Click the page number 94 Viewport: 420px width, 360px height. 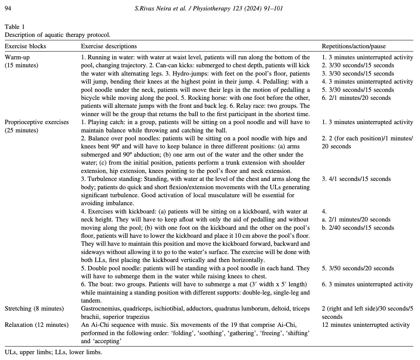(8, 9)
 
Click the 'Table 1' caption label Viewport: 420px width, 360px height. (15, 27)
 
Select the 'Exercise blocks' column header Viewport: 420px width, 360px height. (25, 46)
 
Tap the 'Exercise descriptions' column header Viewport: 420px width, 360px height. (109, 46)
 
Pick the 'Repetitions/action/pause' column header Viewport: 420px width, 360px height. (353, 46)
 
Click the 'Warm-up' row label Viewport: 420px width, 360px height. (17, 57)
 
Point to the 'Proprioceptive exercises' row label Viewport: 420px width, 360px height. (37, 122)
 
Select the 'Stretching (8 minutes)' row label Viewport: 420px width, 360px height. (34, 309)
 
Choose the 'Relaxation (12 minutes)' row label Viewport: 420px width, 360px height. (37, 325)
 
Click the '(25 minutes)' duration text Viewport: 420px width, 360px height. (21, 130)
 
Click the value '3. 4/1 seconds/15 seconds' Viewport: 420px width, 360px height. (356, 179)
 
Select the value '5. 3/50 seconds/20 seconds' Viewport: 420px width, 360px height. (358, 268)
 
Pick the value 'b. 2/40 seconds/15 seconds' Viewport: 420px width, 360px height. (358, 228)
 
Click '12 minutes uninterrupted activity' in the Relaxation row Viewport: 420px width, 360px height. (366, 325)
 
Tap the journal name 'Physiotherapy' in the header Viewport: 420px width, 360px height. (211, 9)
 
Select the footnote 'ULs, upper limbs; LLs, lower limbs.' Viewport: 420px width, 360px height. (53, 352)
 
